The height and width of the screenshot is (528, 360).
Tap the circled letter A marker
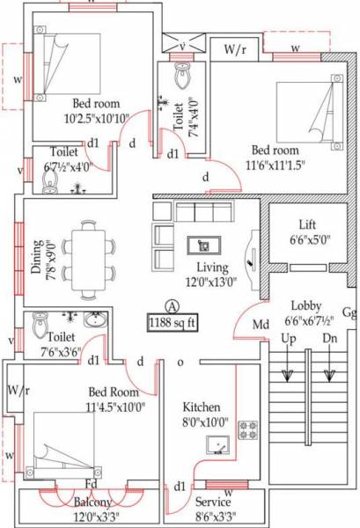pos(173,305)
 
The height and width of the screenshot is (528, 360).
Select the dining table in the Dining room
pos(89,251)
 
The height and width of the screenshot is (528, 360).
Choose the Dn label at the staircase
pos(330,338)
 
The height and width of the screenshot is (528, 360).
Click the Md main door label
pos(261,325)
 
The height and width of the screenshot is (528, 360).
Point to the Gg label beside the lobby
pos(349,312)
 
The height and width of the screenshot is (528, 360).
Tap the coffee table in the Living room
pos(204,246)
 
